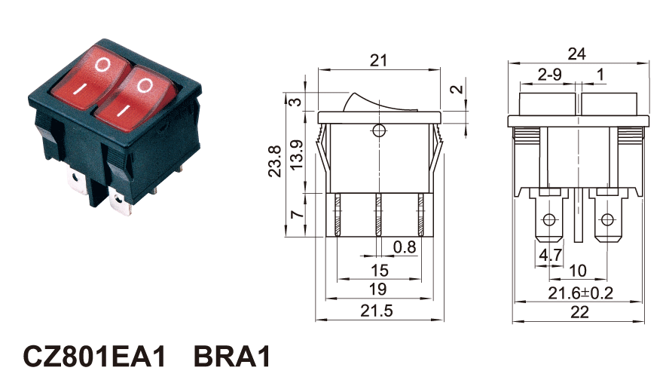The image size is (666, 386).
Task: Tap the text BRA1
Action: pyautogui.click(x=232, y=357)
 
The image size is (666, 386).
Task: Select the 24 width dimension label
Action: pyautogui.click(x=577, y=54)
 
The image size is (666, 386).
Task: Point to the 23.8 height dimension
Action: pyautogui.click(x=275, y=161)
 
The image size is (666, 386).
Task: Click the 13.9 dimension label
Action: pyautogui.click(x=297, y=155)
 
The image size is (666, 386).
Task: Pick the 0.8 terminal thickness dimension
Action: pyautogui.click(x=405, y=247)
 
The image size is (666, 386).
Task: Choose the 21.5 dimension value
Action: pyautogui.click(x=377, y=311)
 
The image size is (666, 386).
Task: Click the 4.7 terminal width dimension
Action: pyautogui.click(x=550, y=256)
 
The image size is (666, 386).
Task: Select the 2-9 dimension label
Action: pyautogui.click(x=550, y=74)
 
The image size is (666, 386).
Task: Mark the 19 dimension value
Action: pyautogui.click(x=377, y=289)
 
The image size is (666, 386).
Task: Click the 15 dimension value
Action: pyautogui.click(x=377, y=270)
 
